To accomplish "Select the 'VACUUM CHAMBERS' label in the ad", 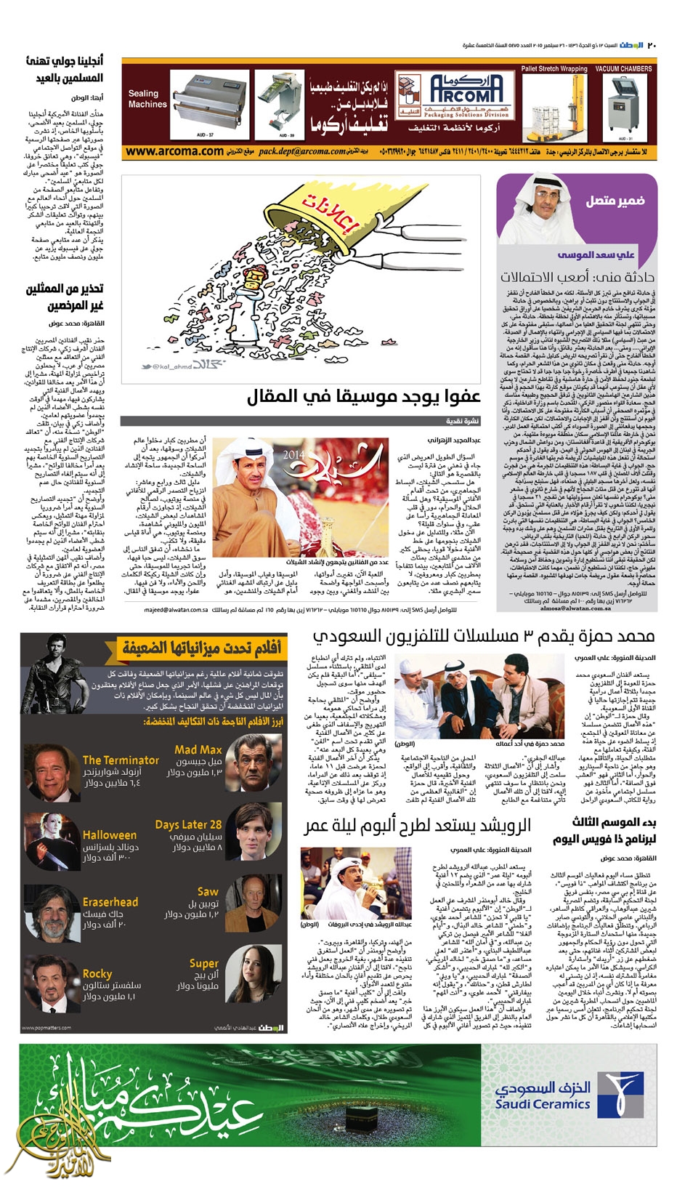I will [x=623, y=69].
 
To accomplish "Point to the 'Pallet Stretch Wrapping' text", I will [x=554, y=69].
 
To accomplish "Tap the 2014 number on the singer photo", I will [x=293, y=454].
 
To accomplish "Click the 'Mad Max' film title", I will [x=198, y=749].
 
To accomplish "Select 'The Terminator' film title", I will [x=121, y=760].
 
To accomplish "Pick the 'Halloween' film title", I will [x=110, y=835].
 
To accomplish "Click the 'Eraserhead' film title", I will [x=110, y=902].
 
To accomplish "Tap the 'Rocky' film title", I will [x=97, y=973].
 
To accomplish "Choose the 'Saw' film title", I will [x=208, y=891].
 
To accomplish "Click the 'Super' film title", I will [x=204, y=963].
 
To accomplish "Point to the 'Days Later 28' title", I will [x=188, y=824].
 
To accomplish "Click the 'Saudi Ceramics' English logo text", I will [x=542, y=1104].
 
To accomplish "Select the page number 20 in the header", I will [x=652, y=46].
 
